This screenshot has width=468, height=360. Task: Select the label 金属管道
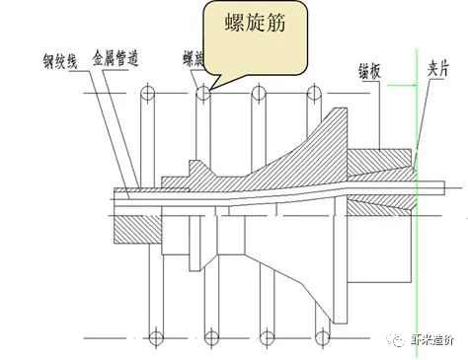point(115,59)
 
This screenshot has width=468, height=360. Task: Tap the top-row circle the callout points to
point(203,95)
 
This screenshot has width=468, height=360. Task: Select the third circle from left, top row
point(260,95)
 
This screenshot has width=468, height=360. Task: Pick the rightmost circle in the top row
point(316,95)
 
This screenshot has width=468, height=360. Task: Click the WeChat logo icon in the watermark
point(394,338)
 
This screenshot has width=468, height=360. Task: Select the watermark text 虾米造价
point(430,338)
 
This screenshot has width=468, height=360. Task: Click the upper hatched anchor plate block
point(381,168)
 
